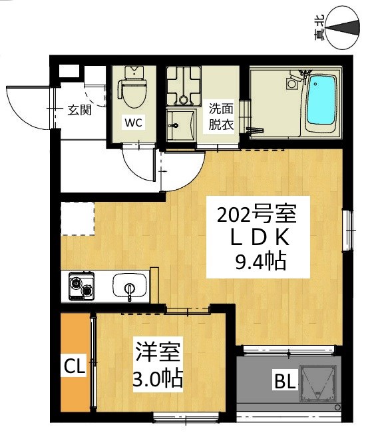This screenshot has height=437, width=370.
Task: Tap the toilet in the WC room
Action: click(132, 87)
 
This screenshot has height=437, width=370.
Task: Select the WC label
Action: click(134, 122)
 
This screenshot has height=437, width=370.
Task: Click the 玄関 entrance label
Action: click(80, 111)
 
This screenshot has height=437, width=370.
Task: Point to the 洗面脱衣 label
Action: click(222, 117)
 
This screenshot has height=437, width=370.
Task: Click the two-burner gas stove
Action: click(81, 286)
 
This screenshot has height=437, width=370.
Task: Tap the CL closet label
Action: click(75, 366)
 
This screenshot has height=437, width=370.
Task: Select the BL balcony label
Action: click(285, 381)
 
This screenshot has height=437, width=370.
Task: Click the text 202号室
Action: click(256, 215)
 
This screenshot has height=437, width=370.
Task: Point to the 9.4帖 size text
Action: click(261, 261)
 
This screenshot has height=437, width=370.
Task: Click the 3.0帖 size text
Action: click(158, 378)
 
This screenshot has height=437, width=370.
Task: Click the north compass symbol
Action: click(343, 29)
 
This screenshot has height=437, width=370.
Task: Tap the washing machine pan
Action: click(184, 87)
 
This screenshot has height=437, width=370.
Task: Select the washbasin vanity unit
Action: click(181, 125)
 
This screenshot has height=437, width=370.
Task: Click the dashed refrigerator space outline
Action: click(78, 218)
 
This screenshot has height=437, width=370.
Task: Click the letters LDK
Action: click(258, 238)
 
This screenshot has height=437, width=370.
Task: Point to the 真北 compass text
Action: click(319, 28)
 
